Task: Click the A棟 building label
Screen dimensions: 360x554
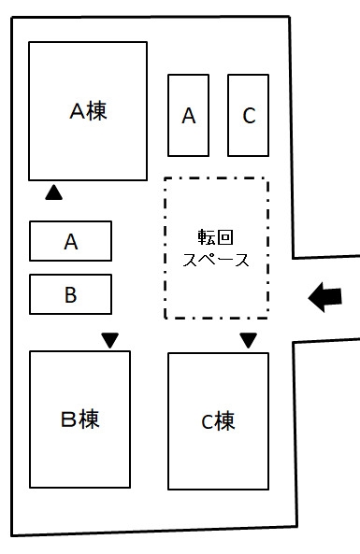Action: pos(88,111)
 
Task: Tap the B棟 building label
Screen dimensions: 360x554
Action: pos(80,419)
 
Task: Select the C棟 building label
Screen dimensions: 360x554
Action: pos(218,422)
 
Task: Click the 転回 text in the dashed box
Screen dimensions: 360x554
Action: pos(216,238)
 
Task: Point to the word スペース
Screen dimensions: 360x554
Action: pos(216,260)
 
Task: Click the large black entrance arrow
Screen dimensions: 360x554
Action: pos(325,297)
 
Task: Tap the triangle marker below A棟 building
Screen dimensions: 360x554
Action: pos(53,193)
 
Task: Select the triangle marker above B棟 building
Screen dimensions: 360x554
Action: pos(110,340)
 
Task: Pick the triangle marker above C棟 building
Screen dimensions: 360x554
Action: pos(248,340)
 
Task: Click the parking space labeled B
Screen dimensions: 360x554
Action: pos(71,294)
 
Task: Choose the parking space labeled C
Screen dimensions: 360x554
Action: pos(248,116)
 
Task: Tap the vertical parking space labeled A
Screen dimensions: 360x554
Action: pos(188,116)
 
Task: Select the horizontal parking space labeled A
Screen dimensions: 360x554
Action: pos(71,241)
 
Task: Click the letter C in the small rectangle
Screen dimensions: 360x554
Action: pos(248,116)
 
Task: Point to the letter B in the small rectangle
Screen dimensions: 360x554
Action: pos(71,295)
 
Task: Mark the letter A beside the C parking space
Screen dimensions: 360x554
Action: pos(188,117)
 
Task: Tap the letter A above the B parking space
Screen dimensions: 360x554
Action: pos(71,242)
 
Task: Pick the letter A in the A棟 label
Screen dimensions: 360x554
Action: pos(78,111)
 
